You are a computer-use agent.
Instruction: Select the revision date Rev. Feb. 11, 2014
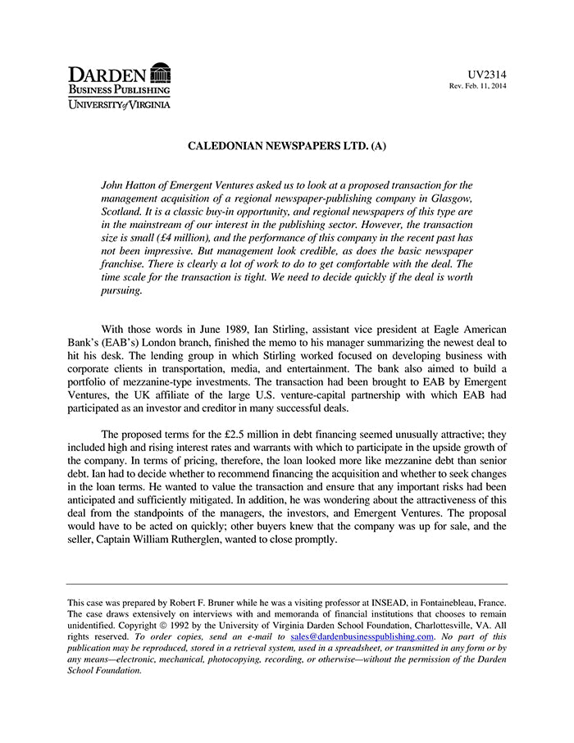pos(477,86)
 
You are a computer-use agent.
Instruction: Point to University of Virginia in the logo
pos(119,105)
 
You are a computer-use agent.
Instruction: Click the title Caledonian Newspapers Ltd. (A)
pos(287,147)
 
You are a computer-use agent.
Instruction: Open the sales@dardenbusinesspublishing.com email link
pos(362,636)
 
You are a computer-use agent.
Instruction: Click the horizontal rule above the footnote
pos(287,584)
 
